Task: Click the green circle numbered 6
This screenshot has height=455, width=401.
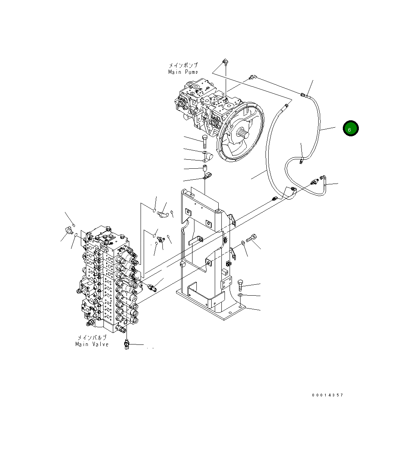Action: tap(350, 128)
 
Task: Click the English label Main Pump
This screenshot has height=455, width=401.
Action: tap(183, 72)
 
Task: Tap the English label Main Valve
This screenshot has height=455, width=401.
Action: tap(92, 344)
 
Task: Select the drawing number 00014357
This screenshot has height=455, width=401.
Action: tap(327, 395)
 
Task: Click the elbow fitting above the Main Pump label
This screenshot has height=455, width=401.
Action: tap(225, 62)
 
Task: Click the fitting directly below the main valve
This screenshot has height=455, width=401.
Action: tap(127, 345)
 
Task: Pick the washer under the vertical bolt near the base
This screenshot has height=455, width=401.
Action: tap(241, 295)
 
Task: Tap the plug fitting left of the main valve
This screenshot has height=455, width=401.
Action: tap(69, 230)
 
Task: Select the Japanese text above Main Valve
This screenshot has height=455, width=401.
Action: tap(92, 337)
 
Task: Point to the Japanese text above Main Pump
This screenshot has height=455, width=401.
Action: tap(183, 65)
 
